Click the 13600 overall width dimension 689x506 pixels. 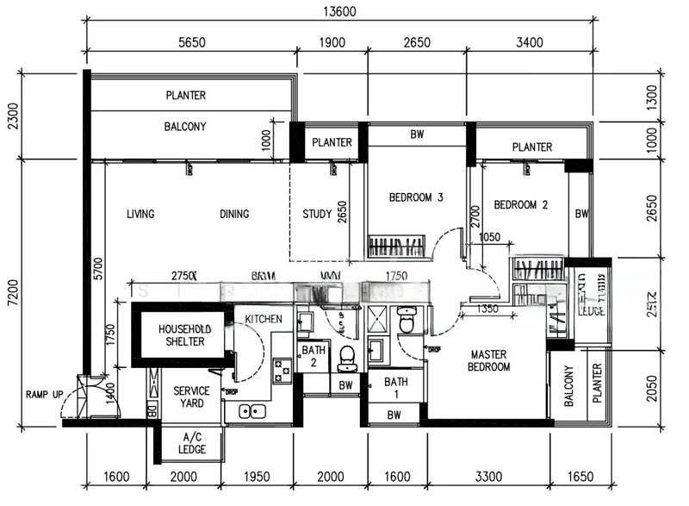pos(341,12)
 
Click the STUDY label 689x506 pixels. pos(317,215)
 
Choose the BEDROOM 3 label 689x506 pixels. pos(416,197)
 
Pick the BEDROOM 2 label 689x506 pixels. pos(521,205)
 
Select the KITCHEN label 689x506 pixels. pos(264,320)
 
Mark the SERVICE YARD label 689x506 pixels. pos(191,397)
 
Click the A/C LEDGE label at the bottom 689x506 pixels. pos(191,444)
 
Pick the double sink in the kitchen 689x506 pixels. pos(252,411)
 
